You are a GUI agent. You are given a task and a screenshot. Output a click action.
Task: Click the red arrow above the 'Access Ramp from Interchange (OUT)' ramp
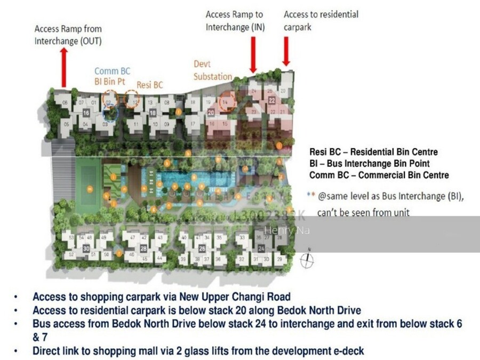point(64,67)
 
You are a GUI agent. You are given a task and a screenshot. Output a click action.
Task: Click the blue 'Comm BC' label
point(112,71)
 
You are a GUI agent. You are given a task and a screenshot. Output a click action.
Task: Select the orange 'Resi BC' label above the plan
point(150,85)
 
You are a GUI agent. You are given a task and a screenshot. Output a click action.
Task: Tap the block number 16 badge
point(86,113)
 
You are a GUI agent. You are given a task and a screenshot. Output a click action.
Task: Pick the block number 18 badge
point(153,113)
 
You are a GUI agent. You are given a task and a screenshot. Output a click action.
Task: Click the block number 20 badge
point(211,113)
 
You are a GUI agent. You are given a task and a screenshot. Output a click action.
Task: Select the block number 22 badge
point(271,100)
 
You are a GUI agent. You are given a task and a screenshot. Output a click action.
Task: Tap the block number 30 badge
point(86,248)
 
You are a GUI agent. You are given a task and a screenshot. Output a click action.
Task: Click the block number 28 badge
point(143,248)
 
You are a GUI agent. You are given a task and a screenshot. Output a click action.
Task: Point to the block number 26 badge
point(202,248)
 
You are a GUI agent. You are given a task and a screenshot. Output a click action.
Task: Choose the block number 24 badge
point(261,249)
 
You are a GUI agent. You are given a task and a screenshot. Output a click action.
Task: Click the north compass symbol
point(307,260)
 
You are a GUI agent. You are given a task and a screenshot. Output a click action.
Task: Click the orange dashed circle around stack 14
point(227,101)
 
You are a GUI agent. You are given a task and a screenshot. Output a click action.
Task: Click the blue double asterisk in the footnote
point(310,196)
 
